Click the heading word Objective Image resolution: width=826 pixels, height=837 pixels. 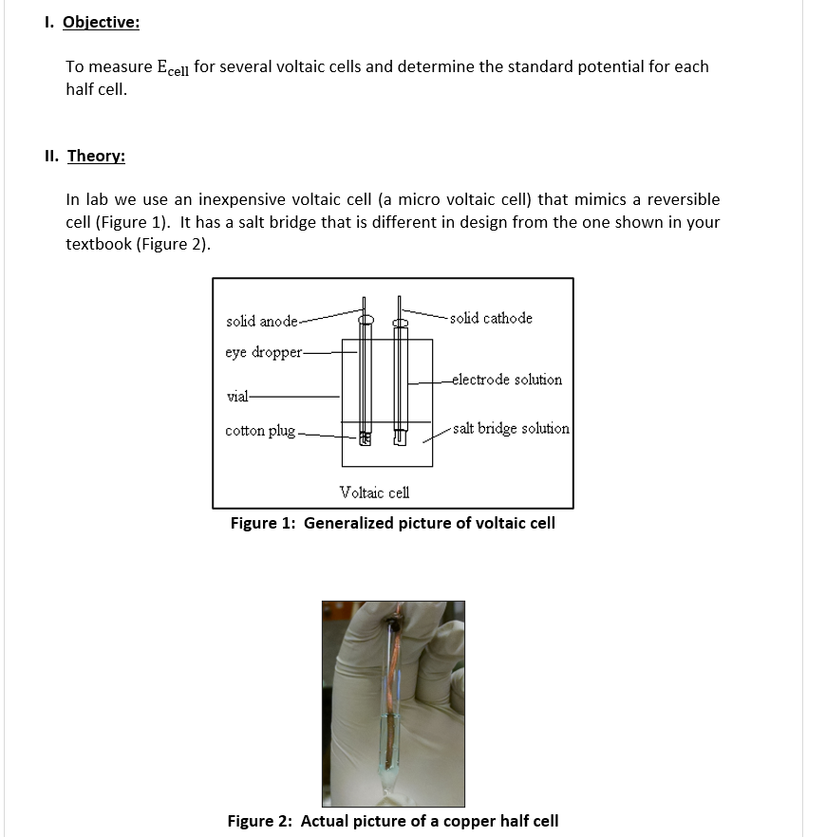pyautogui.click(x=101, y=22)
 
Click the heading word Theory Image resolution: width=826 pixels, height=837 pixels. pyautogui.click(x=96, y=156)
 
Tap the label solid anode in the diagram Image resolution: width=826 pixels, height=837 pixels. pyautogui.click(x=261, y=322)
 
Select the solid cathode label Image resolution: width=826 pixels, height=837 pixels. pyautogui.click(x=491, y=318)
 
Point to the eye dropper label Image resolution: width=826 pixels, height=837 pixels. pyautogui.click(x=263, y=352)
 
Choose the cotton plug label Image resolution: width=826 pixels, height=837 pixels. pyautogui.click(x=260, y=431)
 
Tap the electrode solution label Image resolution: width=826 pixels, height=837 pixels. pyautogui.click(x=507, y=380)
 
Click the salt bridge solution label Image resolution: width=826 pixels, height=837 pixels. pyautogui.click(x=511, y=428)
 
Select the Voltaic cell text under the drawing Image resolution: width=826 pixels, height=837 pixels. pyautogui.click(x=375, y=492)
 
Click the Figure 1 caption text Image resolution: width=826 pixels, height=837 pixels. pyautogui.click(x=392, y=523)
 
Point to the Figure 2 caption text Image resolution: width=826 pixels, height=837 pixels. pyautogui.click(x=392, y=821)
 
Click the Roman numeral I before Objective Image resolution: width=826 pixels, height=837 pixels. pyautogui.click(x=47, y=22)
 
